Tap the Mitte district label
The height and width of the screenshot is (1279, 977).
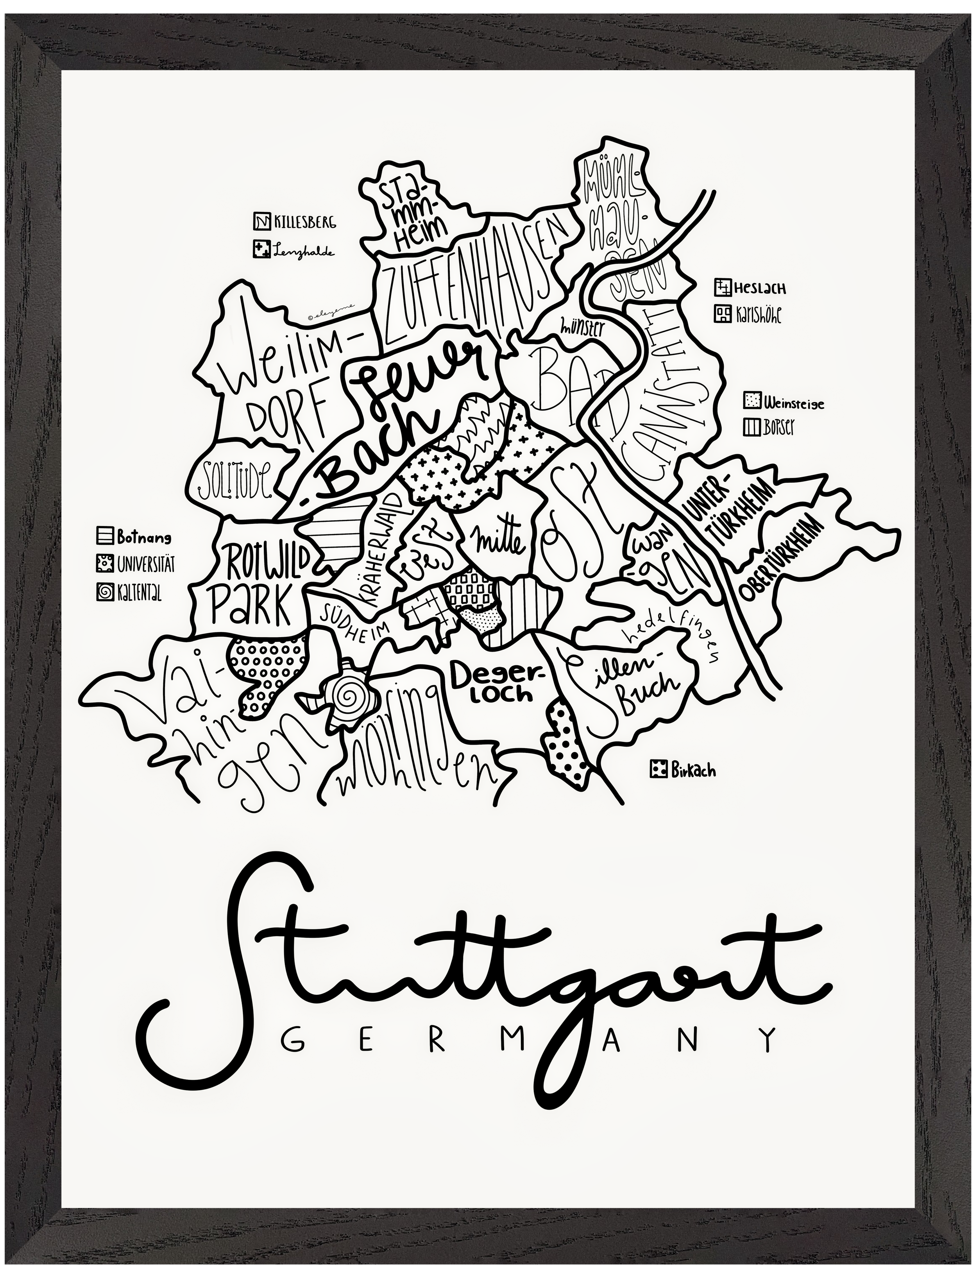click(501, 541)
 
